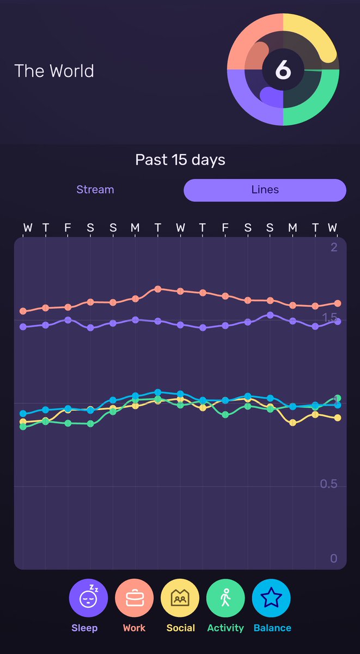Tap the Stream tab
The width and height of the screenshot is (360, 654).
pyautogui.click(x=95, y=190)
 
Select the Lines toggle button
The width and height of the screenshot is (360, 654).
pyautogui.click(x=265, y=190)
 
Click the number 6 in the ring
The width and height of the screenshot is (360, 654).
pyautogui.click(x=283, y=70)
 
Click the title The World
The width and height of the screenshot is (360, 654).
pyautogui.click(x=54, y=71)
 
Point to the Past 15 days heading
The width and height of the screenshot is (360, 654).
pyautogui.click(x=180, y=160)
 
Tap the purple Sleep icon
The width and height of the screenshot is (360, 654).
pyautogui.click(x=88, y=598)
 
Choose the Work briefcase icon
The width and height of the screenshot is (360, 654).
pyautogui.click(x=134, y=598)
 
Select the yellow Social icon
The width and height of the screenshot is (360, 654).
pyautogui.click(x=180, y=598)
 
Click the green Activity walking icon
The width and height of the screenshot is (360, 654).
pyautogui.click(x=225, y=598)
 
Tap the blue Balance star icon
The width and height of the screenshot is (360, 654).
pyautogui.click(x=271, y=598)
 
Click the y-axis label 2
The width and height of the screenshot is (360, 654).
pyautogui.click(x=333, y=247)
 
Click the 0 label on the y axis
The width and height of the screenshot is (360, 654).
pyautogui.click(x=334, y=559)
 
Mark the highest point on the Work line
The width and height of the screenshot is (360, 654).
pyautogui.click(x=158, y=289)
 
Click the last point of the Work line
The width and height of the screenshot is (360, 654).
pyautogui.click(x=338, y=303)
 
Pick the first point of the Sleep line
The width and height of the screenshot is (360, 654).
pyautogui.click(x=23, y=327)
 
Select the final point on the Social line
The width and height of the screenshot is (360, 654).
pyautogui.click(x=338, y=418)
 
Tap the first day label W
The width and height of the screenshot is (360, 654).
pyautogui.click(x=27, y=227)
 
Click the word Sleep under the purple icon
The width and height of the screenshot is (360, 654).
pyautogui.click(x=84, y=628)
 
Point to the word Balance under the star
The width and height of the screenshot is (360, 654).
pyautogui.click(x=272, y=628)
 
